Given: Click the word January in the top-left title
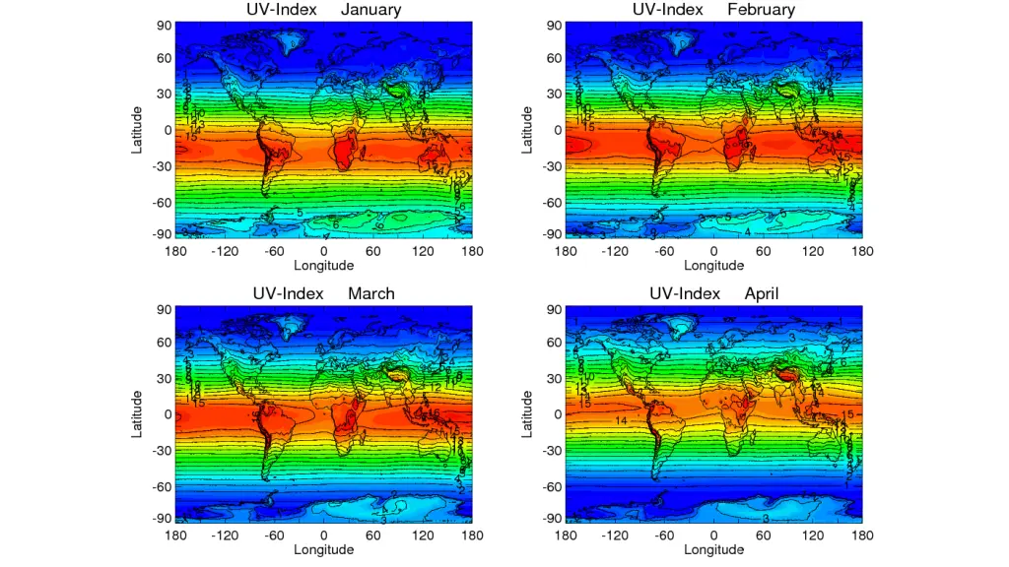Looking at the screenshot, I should click(x=370, y=10).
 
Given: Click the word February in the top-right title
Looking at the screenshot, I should click(x=761, y=10).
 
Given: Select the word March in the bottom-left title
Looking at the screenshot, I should click(x=371, y=293).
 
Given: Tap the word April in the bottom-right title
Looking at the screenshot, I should click(x=762, y=293).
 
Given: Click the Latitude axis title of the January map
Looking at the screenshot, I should click(x=139, y=130).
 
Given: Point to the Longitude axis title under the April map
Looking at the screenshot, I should click(x=714, y=549).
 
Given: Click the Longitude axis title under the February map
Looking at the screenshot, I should click(x=714, y=266).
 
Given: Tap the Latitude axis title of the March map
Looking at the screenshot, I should click(x=139, y=413).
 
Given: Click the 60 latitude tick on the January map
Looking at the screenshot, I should click(x=165, y=58).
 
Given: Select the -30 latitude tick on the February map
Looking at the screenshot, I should click(x=553, y=166).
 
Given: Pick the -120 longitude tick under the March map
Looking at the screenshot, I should click(x=225, y=535).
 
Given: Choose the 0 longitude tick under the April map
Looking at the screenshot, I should click(x=714, y=535).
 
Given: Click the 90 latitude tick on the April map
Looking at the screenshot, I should click(x=555, y=310).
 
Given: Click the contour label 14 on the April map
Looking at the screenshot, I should click(x=622, y=421).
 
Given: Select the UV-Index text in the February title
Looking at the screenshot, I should click(x=665, y=10).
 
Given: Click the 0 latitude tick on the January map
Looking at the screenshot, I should click(x=168, y=130).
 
